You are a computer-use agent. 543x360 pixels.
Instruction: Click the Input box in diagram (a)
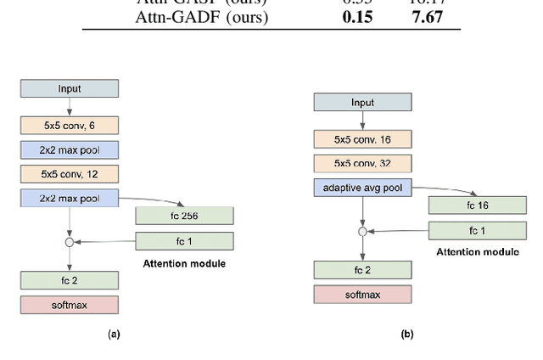(x=70, y=88)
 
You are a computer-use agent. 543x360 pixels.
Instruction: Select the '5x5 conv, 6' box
(x=70, y=126)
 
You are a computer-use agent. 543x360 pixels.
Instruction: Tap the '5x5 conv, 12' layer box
(x=70, y=174)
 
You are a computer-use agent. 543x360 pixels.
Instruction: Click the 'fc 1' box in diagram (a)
(x=184, y=242)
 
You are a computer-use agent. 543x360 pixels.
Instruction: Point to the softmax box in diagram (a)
(x=70, y=304)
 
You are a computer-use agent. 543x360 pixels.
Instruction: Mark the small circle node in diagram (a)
(x=70, y=243)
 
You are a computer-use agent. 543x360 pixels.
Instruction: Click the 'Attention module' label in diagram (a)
(x=184, y=264)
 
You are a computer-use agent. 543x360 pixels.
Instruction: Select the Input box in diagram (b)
(x=362, y=102)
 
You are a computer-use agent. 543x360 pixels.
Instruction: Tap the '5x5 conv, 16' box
(x=362, y=140)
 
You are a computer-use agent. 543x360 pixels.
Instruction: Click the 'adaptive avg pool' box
(x=362, y=188)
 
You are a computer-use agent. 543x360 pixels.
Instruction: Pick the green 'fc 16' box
(x=477, y=205)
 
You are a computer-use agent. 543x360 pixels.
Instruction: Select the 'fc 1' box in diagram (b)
(x=477, y=230)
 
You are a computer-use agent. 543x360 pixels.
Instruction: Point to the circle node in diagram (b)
(x=362, y=231)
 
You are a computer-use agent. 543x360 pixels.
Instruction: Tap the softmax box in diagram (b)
(x=362, y=295)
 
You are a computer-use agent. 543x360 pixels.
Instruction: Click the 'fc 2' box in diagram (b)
(x=362, y=270)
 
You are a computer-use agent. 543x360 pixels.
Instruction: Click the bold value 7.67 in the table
(x=427, y=17)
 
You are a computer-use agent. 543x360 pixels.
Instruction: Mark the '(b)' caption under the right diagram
(x=407, y=335)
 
